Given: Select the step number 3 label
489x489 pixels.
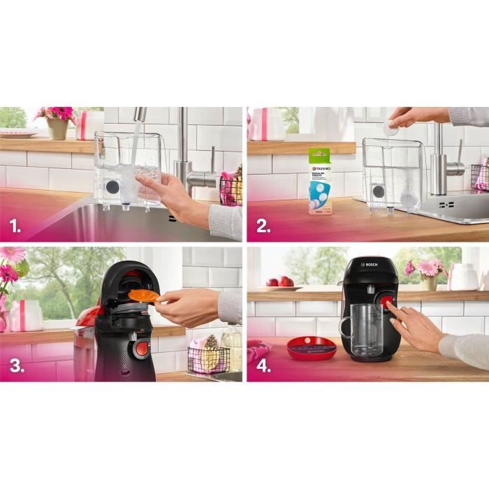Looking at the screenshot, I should [x=15, y=367].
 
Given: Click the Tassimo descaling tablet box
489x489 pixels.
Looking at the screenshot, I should [x=321, y=180].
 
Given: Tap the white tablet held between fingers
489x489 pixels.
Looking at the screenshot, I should [x=392, y=129].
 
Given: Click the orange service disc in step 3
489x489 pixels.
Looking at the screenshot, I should [x=143, y=295].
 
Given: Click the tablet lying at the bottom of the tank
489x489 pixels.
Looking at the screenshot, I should [x=409, y=200].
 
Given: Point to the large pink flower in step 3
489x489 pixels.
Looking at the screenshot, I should [x=10, y=254].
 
